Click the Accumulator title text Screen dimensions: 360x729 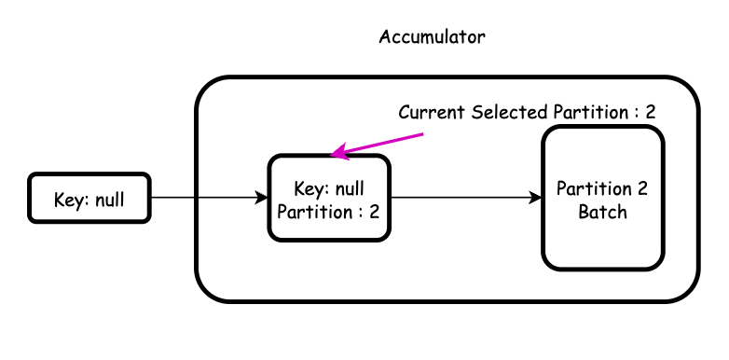click(x=432, y=38)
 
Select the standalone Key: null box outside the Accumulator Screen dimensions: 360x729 click(x=89, y=198)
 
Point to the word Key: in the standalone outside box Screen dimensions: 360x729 click(x=70, y=199)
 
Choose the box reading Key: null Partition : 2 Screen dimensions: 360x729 click(x=328, y=198)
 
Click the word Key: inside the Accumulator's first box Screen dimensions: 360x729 click(x=310, y=188)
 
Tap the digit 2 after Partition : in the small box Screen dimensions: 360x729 click(x=374, y=211)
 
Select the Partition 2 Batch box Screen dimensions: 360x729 click(x=602, y=198)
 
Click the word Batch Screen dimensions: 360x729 click(x=602, y=212)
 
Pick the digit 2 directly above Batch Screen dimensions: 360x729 click(x=642, y=188)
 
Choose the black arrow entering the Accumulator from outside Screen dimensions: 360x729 click(x=209, y=198)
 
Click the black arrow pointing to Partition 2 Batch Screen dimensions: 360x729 click(x=466, y=198)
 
